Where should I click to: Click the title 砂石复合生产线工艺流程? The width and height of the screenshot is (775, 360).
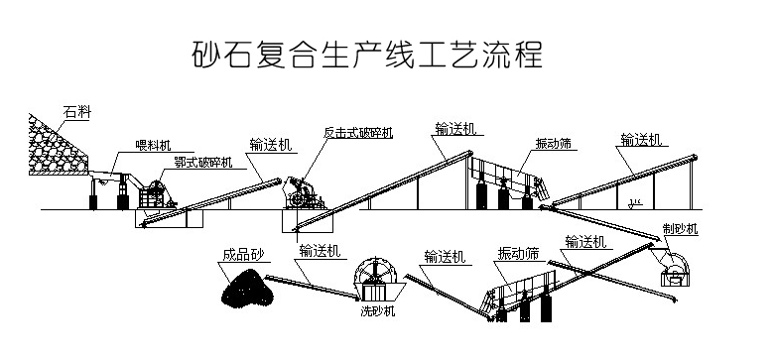click(367, 54)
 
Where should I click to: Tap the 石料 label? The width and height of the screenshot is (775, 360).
click(77, 112)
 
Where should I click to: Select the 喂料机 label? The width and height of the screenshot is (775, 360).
click(153, 145)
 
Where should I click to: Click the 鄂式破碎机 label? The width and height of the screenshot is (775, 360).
click(203, 162)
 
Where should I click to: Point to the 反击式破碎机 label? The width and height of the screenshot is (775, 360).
click(358, 132)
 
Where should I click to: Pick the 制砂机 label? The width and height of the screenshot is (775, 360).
click(680, 229)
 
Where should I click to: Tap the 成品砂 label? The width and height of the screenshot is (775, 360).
click(244, 255)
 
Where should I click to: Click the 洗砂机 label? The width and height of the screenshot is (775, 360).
click(378, 311)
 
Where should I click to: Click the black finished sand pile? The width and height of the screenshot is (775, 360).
click(247, 287)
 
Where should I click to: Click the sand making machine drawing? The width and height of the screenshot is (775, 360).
click(675, 269)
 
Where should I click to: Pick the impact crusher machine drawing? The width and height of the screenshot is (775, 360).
click(303, 194)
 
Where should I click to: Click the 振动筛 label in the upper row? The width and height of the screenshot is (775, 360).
click(554, 143)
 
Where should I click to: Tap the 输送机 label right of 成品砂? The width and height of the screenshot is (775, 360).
click(320, 251)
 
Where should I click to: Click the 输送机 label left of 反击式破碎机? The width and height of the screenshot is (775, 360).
click(271, 145)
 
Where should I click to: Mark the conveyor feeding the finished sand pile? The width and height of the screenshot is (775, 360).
click(312, 287)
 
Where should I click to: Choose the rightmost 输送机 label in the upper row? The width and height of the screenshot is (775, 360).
click(641, 140)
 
